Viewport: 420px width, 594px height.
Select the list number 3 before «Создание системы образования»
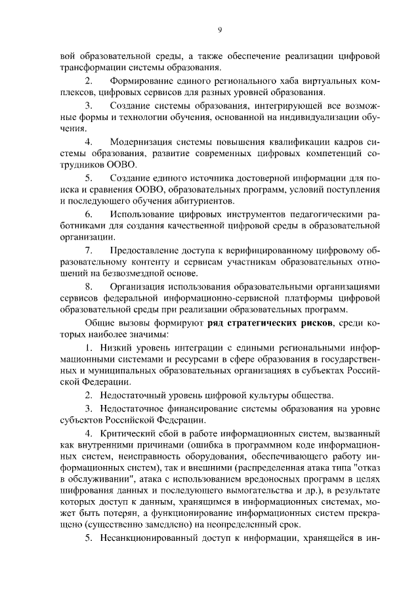pos(89,105)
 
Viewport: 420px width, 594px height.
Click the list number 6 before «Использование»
pos(89,214)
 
